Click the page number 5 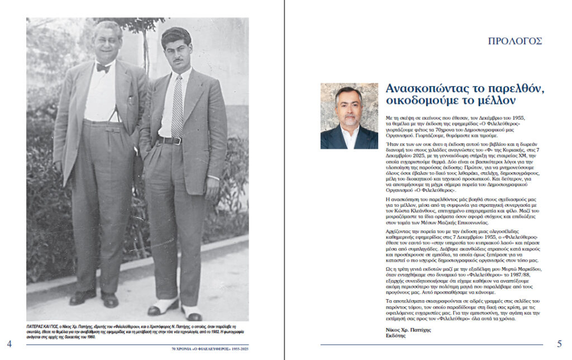pyautogui.click(x=560, y=343)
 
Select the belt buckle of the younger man pyautogui.click(x=178, y=141)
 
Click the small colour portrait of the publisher pyautogui.click(x=349, y=116)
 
